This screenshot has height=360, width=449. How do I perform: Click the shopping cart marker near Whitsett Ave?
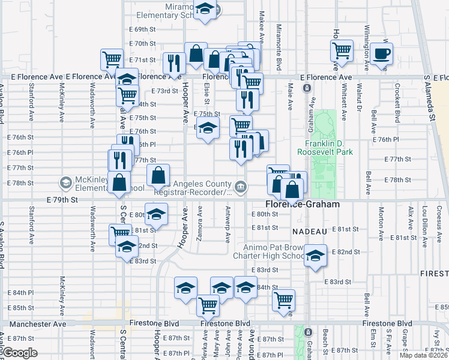[x=342, y=51]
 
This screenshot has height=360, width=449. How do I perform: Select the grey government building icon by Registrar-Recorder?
[x=240, y=187]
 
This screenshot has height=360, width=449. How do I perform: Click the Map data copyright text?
[x=424, y=355]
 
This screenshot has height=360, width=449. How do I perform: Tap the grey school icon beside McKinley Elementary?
[x=65, y=182]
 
